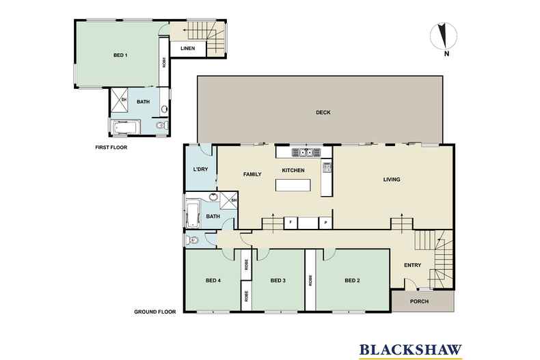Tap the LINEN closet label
point(187,48)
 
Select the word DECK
point(323,113)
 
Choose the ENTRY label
point(412,266)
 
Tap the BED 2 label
point(352,280)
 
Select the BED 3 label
point(277,280)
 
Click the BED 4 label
point(213,280)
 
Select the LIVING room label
point(391,180)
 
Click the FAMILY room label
point(253,174)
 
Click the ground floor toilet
point(193,240)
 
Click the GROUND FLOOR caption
point(155,311)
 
